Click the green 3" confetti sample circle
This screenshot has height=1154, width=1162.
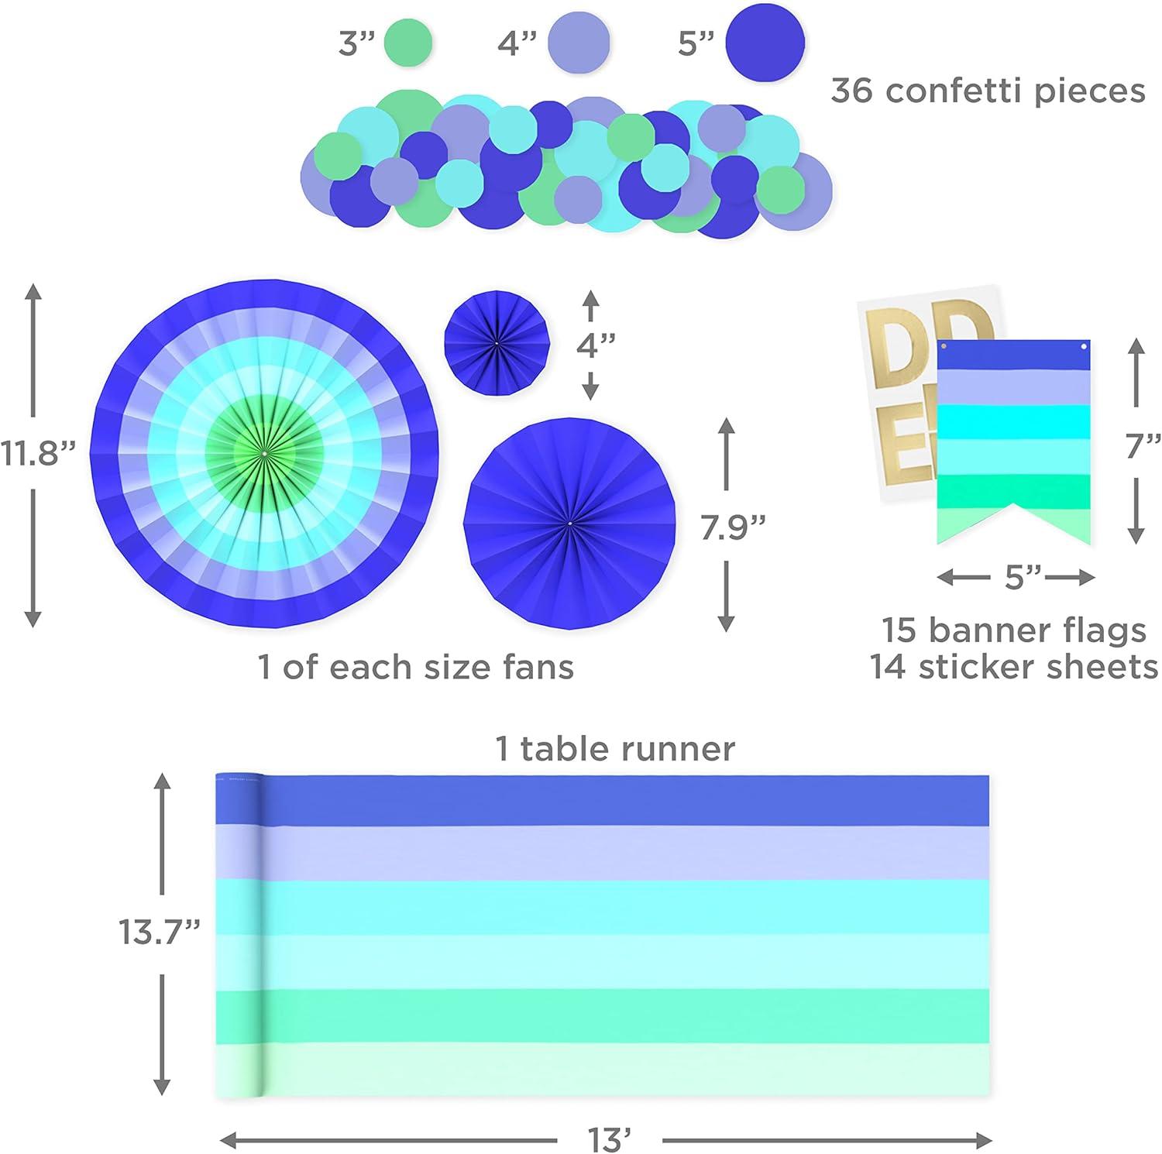[x=407, y=41]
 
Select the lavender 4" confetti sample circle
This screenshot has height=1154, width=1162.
[x=578, y=41]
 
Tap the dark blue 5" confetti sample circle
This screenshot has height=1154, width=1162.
[x=765, y=42]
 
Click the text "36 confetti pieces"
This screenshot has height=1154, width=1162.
[x=988, y=91]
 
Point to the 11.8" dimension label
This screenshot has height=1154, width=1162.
[x=39, y=453]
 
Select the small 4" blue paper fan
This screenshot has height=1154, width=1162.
[x=497, y=342]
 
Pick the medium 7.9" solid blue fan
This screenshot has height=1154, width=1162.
[x=569, y=524]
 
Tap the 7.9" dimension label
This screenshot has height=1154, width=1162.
[x=733, y=527]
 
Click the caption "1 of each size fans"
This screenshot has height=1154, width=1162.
[x=416, y=667]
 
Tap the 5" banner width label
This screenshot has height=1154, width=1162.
[x=1016, y=578]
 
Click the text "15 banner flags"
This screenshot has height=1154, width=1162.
[x=1014, y=630]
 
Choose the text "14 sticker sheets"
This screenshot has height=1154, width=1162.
[x=1014, y=667]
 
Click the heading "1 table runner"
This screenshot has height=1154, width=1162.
[x=615, y=749]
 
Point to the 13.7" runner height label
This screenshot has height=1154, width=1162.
[x=160, y=932]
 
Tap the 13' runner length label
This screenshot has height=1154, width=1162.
[x=610, y=1140]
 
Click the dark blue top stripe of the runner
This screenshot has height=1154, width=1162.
[x=620, y=800]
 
